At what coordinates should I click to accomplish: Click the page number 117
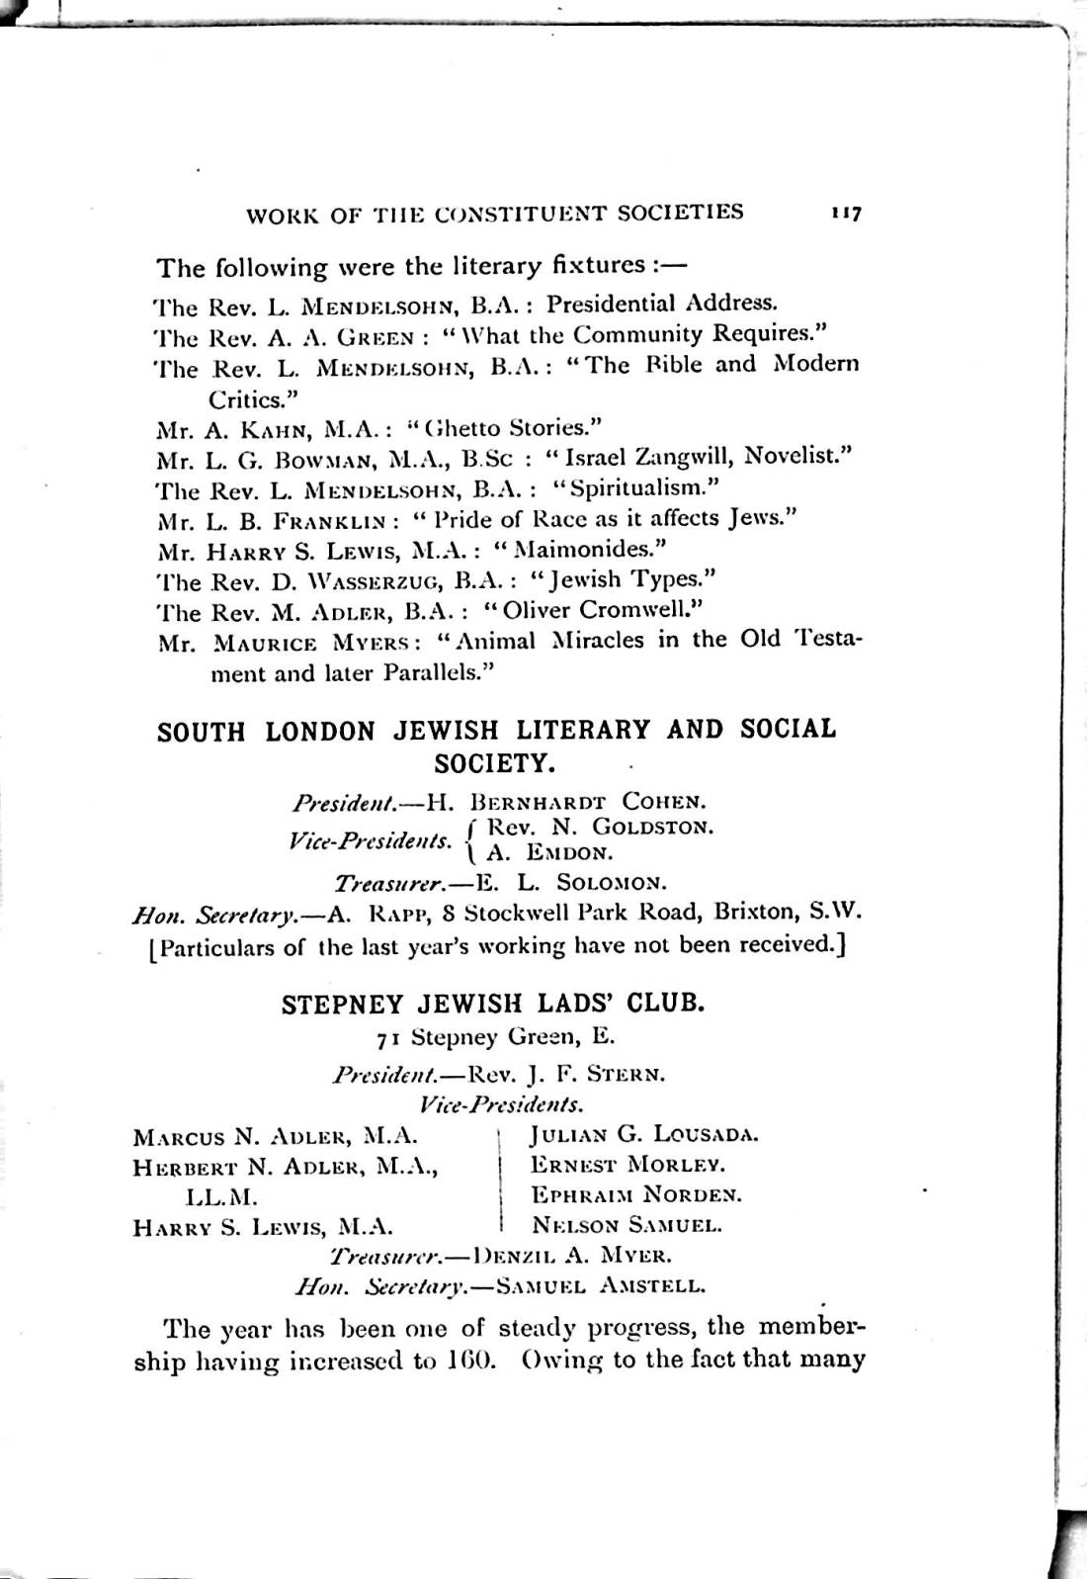pos(847,214)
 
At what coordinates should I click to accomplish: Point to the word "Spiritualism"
pos(635,487)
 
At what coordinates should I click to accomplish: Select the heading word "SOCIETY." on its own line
pos(494,764)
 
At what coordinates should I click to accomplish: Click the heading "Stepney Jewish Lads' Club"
pos(493,1005)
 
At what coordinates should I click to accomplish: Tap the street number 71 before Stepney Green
pos(387,1038)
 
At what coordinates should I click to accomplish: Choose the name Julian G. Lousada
pos(644,1135)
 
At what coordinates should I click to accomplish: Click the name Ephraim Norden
pos(636,1195)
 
